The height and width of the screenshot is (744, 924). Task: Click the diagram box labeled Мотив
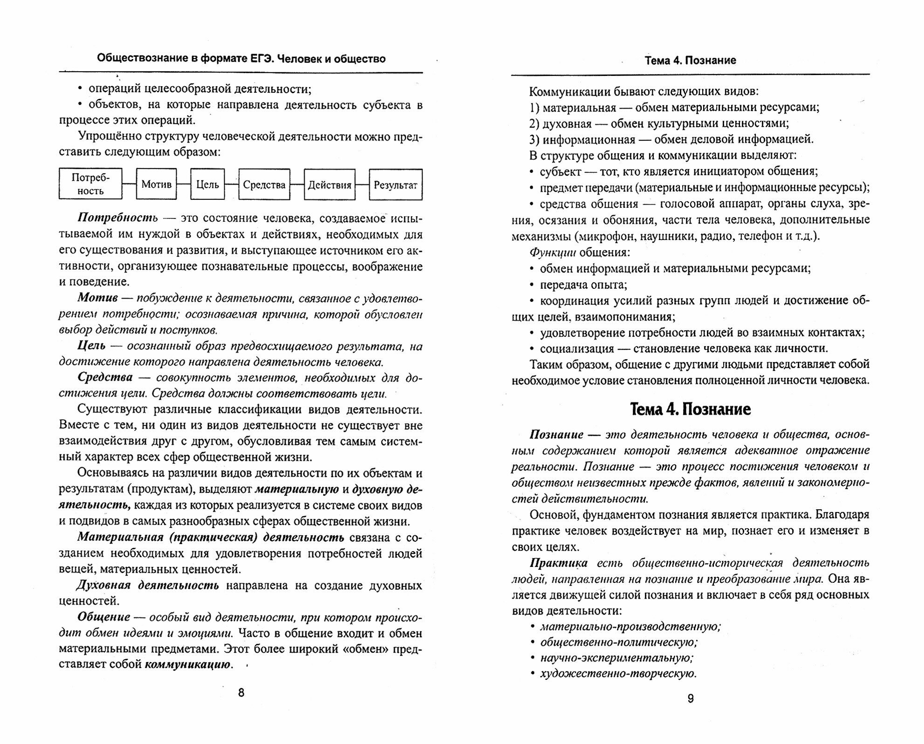coord(156,184)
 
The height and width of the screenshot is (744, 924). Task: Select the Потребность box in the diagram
coord(90,184)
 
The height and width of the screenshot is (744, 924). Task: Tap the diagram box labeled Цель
coord(207,184)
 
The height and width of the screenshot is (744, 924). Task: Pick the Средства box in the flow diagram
coord(264,184)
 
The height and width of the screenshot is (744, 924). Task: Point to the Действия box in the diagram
coord(329,184)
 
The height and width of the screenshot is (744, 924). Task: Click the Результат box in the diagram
coord(396,184)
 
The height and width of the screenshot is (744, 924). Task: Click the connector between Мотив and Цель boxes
coord(184,184)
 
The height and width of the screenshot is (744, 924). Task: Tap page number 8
coord(241,693)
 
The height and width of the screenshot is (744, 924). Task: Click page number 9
coord(691,698)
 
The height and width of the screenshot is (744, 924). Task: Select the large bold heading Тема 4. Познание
coord(690,410)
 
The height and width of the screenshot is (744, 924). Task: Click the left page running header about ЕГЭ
coord(241,59)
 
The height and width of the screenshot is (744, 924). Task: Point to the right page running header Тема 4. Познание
coord(690,61)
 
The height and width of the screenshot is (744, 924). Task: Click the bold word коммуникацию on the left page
coord(188,665)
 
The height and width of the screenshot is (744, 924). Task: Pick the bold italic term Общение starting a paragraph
coord(103,617)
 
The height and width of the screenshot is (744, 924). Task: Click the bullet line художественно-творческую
coord(618,674)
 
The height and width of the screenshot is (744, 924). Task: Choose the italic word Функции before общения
coord(553,253)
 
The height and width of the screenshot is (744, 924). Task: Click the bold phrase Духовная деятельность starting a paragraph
coord(148,585)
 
